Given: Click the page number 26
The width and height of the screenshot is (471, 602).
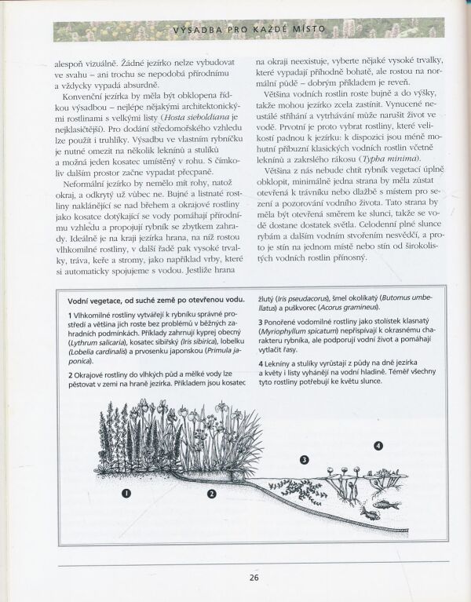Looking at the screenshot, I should [x=254, y=578].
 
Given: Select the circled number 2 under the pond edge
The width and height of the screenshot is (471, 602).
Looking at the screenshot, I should [x=211, y=493].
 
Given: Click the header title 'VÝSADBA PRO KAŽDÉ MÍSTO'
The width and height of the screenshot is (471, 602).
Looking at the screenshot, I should [x=250, y=31].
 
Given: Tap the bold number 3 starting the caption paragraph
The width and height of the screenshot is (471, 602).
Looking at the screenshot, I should [x=261, y=323].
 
